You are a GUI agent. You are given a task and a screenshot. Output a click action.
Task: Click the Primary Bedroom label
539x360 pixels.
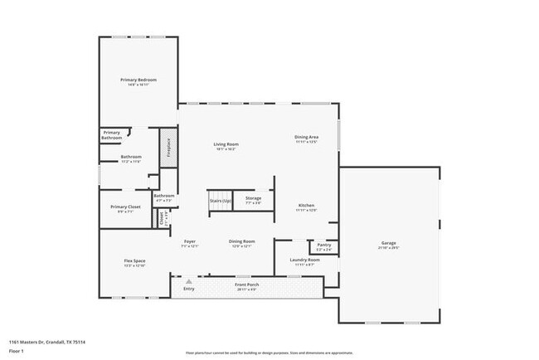click(x=138, y=80)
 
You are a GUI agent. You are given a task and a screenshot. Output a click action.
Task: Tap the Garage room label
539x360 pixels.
click(x=389, y=244)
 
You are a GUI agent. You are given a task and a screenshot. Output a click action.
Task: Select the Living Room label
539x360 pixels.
click(x=226, y=144)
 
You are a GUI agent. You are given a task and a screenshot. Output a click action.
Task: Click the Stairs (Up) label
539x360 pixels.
click(x=220, y=200)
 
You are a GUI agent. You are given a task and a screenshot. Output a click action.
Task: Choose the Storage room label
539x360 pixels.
click(x=253, y=198)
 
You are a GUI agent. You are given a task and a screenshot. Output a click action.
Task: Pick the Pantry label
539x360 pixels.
click(x=323, y=245)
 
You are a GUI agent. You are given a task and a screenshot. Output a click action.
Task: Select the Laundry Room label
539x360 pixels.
click(x=304, y=260)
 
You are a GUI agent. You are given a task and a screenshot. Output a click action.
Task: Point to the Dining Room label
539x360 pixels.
click(x=241, y=241)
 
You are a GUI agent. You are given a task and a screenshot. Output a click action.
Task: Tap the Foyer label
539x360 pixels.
click(x=190, y=241)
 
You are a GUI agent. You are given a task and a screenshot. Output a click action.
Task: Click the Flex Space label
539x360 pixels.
click(x=134, y=261)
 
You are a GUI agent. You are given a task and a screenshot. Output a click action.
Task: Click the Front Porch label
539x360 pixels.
click(x=246, y=284)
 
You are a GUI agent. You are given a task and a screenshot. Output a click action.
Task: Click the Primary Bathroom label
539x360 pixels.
click(x=112, y=134)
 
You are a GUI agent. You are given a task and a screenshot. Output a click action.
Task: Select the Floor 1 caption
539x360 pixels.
click(x=16, y=352)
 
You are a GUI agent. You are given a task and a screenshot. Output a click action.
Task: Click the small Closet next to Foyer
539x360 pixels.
click(x=162, y=218)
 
